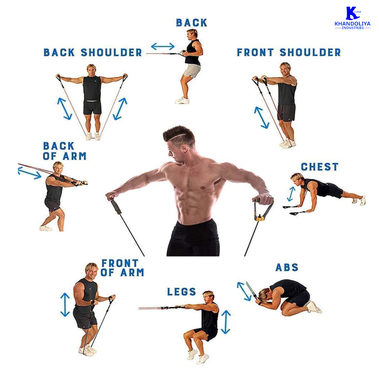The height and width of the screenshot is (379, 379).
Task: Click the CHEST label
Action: click(x=319, y=167)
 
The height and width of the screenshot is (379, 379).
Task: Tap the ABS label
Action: click(x=287, y=267)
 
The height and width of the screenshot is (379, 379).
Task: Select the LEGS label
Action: click(x=182, y=291)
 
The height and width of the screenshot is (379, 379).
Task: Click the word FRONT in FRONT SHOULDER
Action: click(x=255, y=52)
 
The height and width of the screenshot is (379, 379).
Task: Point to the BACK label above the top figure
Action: click(x=192, y=23)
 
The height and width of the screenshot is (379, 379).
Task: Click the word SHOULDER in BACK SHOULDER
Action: click(x=111, y=52)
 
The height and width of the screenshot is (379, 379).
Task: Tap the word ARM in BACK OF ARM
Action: click(x=75, y=156)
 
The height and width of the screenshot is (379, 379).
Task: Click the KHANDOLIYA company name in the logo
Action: click(x=353, y=24)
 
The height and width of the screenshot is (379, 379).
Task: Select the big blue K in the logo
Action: click(x=352, y=13)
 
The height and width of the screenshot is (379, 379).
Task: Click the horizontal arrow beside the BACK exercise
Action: click(x=163, y=47)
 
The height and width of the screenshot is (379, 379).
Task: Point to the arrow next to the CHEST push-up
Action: click(x=291, y=194)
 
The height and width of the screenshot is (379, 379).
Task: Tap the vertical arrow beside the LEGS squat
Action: click(x=226, y=322)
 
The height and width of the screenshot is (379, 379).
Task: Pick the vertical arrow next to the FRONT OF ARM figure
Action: click(x=65, y=305)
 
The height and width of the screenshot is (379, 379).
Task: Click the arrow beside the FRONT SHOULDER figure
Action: click(x=261, y=118)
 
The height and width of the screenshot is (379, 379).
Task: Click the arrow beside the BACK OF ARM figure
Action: click(x=29, y=173)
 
